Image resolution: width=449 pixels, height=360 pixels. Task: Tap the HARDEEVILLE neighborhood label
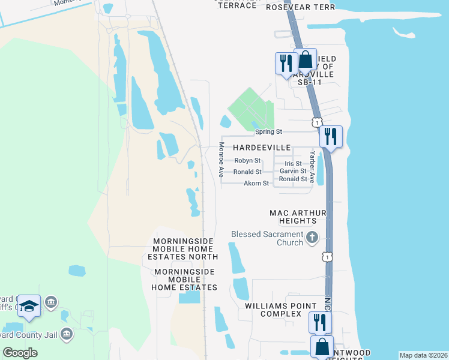tap(262, 148)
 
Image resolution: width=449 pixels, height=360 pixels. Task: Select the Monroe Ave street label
tap(221, 159)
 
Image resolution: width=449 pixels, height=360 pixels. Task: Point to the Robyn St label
tap(247, 161)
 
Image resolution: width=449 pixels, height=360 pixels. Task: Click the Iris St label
tap(293, 164)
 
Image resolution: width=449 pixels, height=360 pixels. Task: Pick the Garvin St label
tap(293, 172)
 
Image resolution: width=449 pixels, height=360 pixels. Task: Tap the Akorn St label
tap(256, 183)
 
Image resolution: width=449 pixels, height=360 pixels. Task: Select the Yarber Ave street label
tap(312, 163)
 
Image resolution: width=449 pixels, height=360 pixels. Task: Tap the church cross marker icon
tap(312, 238)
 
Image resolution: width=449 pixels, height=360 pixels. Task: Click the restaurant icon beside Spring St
tap(330, 136)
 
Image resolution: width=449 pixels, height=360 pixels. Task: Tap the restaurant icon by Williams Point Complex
tap(319, 322)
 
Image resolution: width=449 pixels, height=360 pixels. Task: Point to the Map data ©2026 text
tap(423, 355)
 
